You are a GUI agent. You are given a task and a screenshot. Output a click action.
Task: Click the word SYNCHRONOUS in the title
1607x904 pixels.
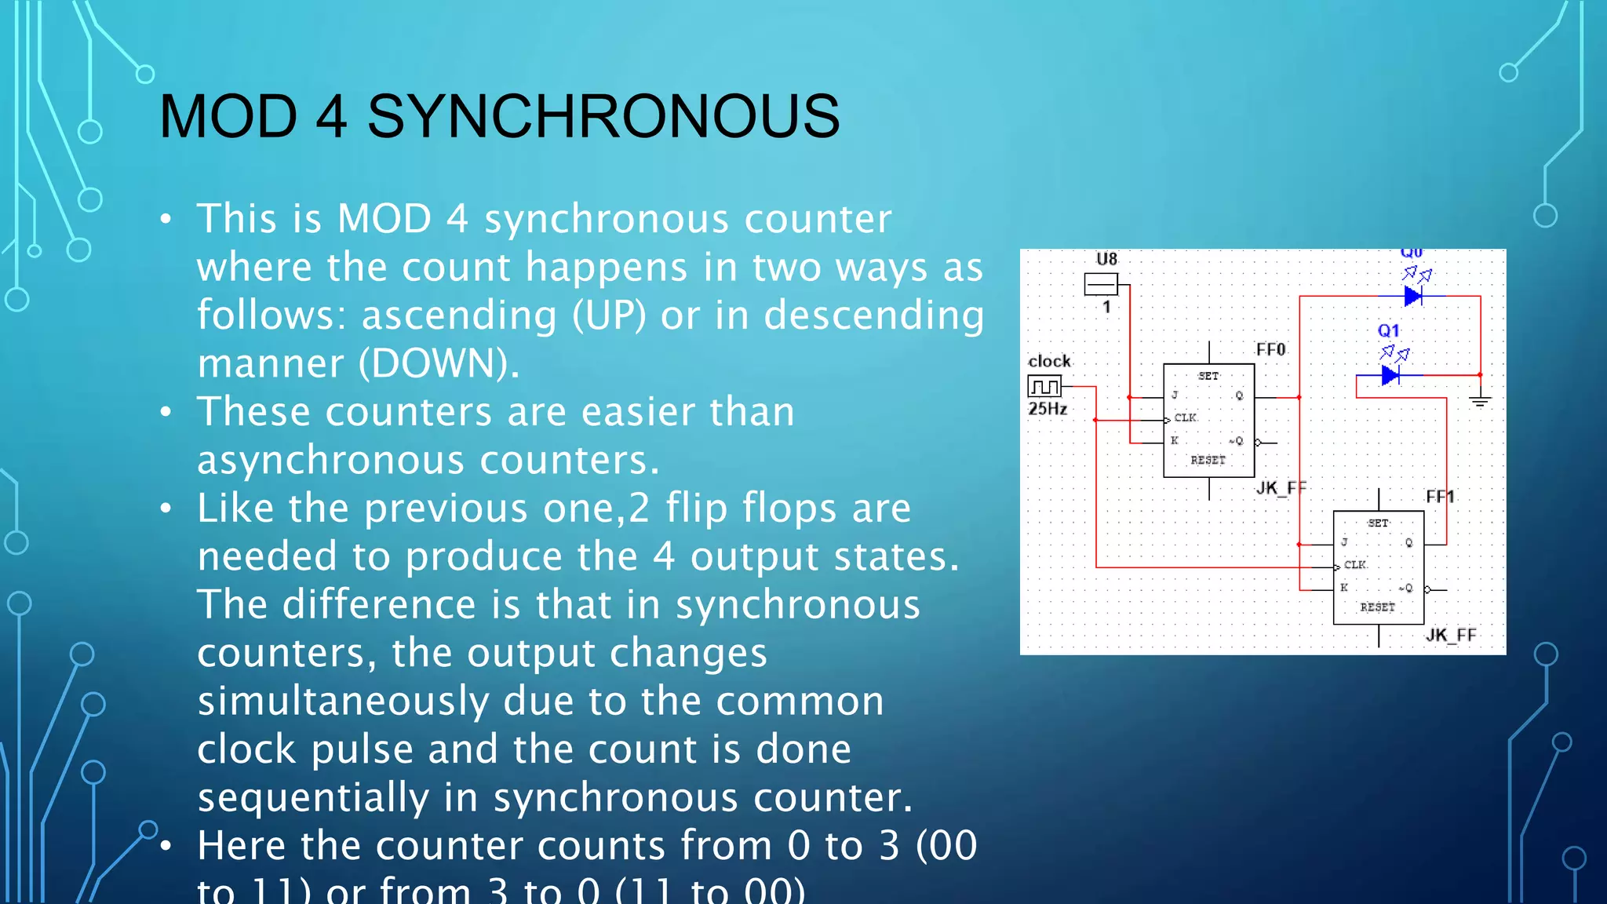(x=603, y=116)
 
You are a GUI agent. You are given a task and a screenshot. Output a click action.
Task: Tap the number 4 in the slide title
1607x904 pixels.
(x=331, y=116)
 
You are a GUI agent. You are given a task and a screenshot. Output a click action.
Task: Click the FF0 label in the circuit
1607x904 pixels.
(x=1270, y=349)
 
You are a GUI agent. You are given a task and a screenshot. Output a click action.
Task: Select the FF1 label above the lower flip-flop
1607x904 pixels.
(x=1440, y=497)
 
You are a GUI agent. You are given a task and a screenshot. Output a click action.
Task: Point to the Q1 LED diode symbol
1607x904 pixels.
(x=1390, y=375)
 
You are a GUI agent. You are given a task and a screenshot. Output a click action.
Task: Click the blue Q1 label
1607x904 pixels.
(x=1388, y=331)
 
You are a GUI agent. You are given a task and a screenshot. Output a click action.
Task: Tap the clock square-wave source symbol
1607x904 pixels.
(x=1044, y=386)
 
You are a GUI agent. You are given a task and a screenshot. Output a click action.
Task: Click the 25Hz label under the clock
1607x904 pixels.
(x=1048, y=409)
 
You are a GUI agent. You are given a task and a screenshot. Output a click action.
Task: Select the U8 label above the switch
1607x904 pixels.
(x=1106, y=259)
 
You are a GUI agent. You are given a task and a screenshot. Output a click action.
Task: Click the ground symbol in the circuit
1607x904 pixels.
(x=1480, y=400)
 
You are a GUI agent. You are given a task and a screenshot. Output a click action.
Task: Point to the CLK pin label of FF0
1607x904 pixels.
(x=1185, y=417)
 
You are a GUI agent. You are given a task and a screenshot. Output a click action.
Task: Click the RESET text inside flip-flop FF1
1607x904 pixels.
(x=1377, y=607)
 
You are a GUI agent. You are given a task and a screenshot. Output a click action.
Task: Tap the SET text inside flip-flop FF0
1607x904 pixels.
(x=1208, y=377)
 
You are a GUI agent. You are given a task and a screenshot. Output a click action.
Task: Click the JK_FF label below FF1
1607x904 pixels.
(x=1450, y=635)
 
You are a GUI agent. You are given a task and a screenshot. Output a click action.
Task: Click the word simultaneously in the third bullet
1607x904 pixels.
(x=344, y=701)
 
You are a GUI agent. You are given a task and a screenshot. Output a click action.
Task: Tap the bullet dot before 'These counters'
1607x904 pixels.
(x=166, y=412)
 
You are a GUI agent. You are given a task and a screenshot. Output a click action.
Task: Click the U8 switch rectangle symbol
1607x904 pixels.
(x=1100, y=284)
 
